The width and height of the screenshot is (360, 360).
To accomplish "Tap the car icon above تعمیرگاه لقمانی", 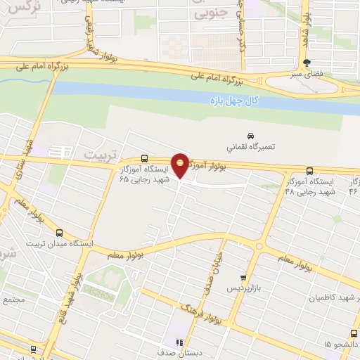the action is [250, 135].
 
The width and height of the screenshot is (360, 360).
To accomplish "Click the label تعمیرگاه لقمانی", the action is [247, 148].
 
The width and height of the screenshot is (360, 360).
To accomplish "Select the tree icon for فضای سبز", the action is [307, 62].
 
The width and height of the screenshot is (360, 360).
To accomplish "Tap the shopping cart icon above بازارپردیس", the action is [243, 278].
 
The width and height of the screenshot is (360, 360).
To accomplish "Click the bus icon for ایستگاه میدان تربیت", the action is [59, 233].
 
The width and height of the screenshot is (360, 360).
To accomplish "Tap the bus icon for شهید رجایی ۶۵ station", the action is [144, 158].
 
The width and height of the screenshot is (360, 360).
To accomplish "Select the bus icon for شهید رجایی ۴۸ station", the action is [310, 170].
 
